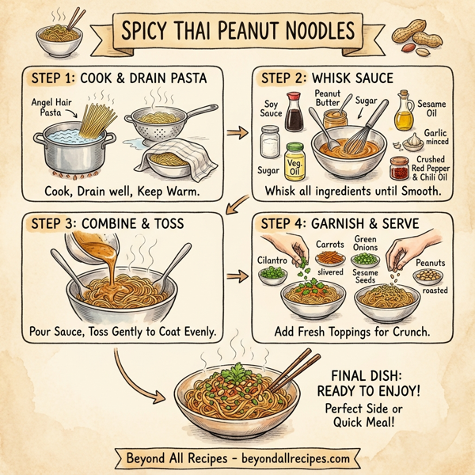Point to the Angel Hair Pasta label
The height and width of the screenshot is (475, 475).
pyautogui.click(x=52, y=108)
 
